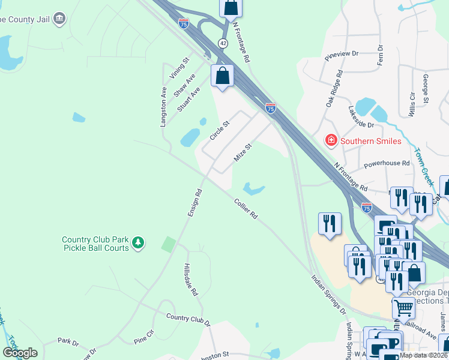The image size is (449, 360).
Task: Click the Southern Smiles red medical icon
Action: [330, 141]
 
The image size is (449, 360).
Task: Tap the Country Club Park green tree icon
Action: [139, 243]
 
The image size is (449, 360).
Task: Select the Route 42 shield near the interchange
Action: [223, 43]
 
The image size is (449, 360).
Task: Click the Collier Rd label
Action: [246, 208]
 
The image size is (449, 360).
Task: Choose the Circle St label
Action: [220, 131]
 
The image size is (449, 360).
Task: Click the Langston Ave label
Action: [163, 107]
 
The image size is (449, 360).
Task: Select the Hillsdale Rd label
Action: [191, 281]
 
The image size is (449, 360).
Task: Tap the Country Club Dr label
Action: [188, 320]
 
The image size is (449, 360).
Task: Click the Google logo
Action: [20, 353]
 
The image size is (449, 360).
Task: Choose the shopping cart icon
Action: [403, 308]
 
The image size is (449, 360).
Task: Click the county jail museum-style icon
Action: [59, 19]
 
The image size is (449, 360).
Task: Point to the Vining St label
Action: [179, 68]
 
